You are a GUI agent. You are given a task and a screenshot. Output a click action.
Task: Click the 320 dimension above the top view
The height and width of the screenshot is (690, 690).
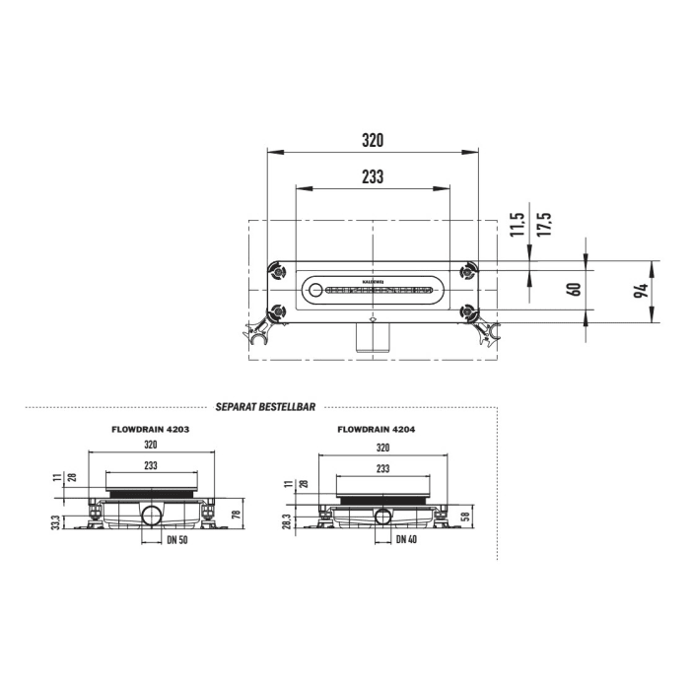coord(372,140)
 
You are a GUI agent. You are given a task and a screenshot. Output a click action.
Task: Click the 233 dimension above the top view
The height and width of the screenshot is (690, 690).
coord(372,176)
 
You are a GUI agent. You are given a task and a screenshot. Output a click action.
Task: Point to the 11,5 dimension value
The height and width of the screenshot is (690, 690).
coord(517,225)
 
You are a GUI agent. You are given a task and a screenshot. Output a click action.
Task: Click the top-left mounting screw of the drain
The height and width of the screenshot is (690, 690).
coord(278,269)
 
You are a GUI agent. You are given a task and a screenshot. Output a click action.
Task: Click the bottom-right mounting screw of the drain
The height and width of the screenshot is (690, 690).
coord(468,312)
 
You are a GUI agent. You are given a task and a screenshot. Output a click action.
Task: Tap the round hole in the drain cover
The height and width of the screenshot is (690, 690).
coord(315,291)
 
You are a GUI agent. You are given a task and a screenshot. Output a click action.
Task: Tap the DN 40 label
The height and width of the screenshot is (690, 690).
coord(406,540)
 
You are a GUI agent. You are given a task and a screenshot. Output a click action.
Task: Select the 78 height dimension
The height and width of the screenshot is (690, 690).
coord(237,514)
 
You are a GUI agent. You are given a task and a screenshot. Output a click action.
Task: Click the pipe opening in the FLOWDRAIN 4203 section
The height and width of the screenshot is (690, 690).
coord(153,516)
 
